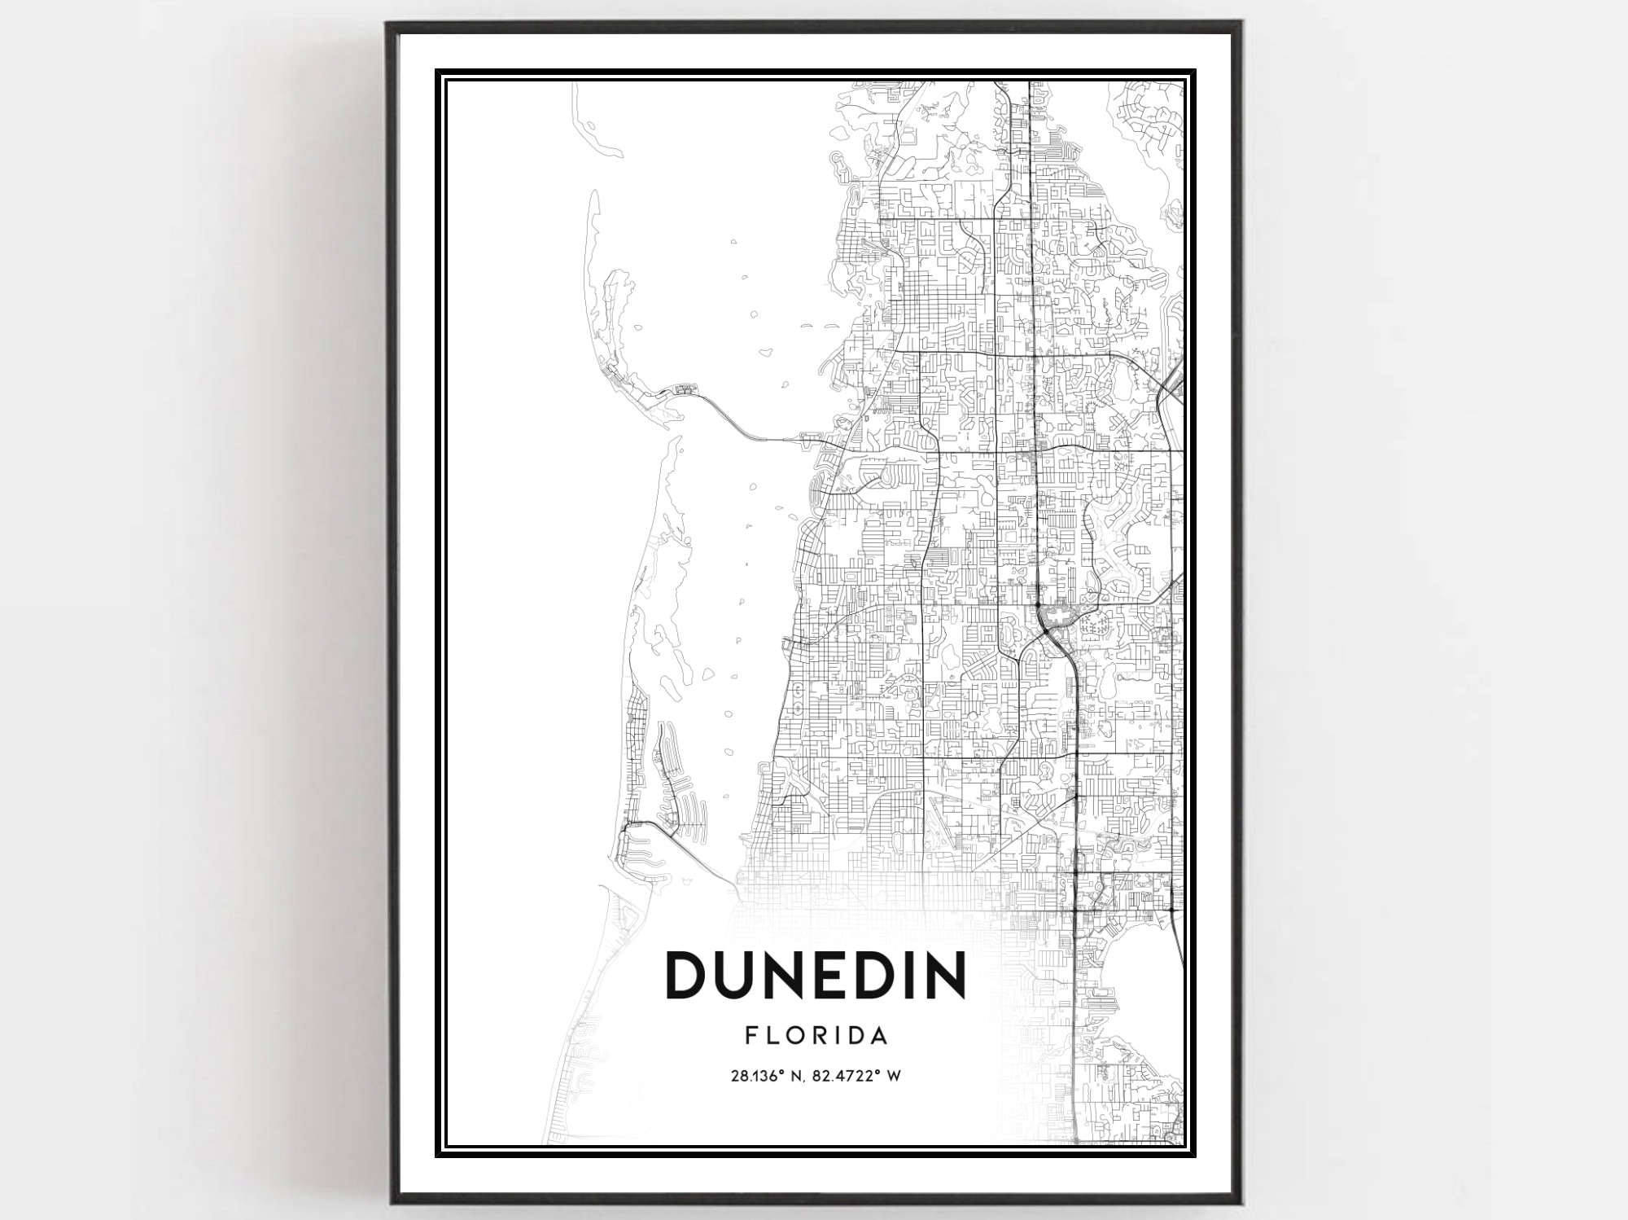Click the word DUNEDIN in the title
[x=816, y=975]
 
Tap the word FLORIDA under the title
[x=816, y=1036]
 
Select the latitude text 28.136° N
[x=768, y=1076]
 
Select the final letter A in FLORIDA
[x=877, y=1036]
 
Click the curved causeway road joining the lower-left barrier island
[x=651, y=826]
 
